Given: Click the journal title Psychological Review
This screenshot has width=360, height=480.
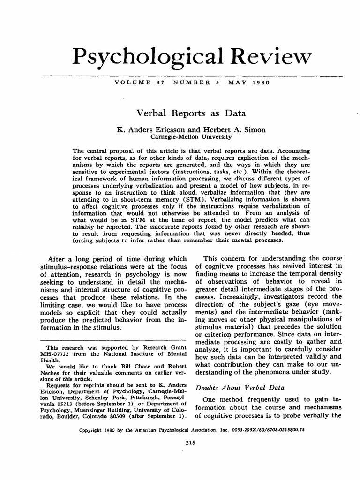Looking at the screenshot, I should coord(191,58).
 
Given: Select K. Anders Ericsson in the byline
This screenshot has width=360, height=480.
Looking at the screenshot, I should coord(148,130).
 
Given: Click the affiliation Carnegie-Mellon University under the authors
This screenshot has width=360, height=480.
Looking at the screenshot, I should coord(191,137).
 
